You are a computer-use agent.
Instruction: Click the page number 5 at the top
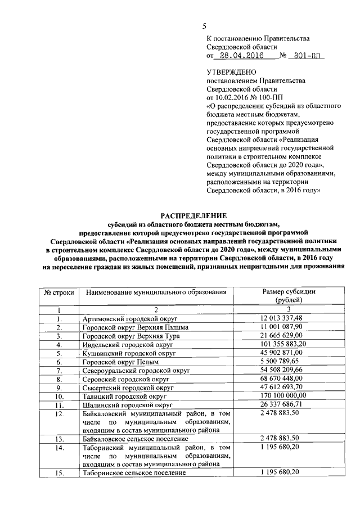tap(205, 26)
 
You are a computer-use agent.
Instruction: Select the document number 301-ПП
tap(307, 56)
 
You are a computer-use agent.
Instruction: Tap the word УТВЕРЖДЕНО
tap(232, 73)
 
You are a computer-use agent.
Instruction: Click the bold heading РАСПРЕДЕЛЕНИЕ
tap(193, 215)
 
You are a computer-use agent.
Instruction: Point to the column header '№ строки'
tap(58, 292)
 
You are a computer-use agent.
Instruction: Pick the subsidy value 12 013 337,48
tap(281, 318)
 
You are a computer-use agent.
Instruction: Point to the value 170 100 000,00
tap(283, 396)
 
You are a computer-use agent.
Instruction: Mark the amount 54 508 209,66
tap(281, 370)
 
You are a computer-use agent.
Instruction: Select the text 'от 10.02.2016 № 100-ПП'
tap(245, 97)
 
